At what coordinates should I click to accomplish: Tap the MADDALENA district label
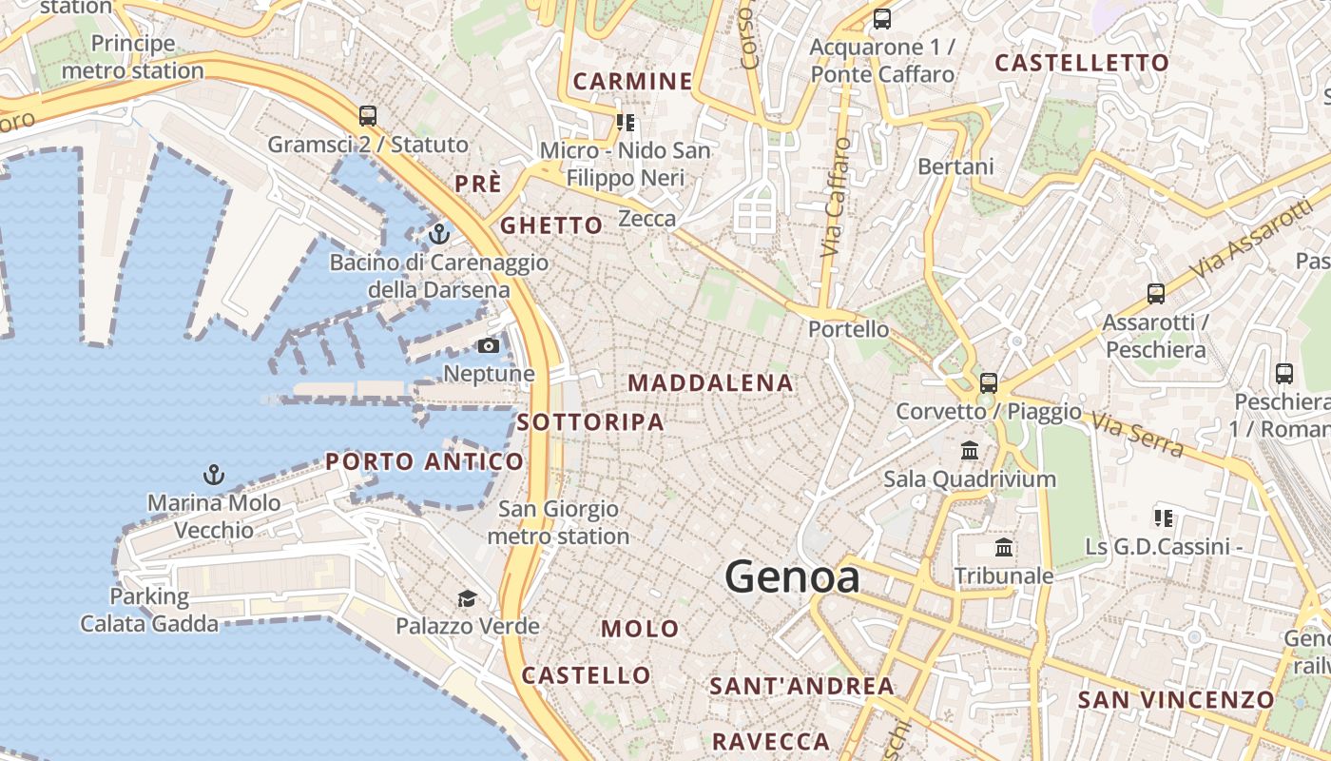click(710, 383)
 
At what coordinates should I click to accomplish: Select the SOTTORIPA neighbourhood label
click(590, 422)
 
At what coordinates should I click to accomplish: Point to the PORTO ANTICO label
click(424, 462)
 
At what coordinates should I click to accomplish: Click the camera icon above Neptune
click(489, 345)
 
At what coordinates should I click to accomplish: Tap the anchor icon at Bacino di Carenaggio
click(438, 233)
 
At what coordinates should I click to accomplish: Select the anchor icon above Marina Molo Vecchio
click(214, 474)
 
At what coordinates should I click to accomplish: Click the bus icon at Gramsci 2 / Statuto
click(368, 116)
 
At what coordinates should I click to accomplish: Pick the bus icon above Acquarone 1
click(882, 18)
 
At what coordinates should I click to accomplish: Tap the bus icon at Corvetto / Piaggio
click(989, 383)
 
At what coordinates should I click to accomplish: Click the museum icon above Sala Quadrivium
click(970, 450)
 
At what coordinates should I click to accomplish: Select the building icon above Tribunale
click(1004, 547)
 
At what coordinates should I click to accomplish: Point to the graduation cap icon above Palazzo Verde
click(467, 598)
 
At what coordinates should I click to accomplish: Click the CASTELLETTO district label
click(1082, 64)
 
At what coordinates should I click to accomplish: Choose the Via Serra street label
click(1137, 434)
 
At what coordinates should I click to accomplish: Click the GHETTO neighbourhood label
click(551, 225)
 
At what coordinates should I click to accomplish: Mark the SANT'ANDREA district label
click(801, 686)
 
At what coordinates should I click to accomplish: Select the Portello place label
click(849, 329)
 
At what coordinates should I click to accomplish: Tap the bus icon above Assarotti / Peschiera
click(1156, 294)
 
